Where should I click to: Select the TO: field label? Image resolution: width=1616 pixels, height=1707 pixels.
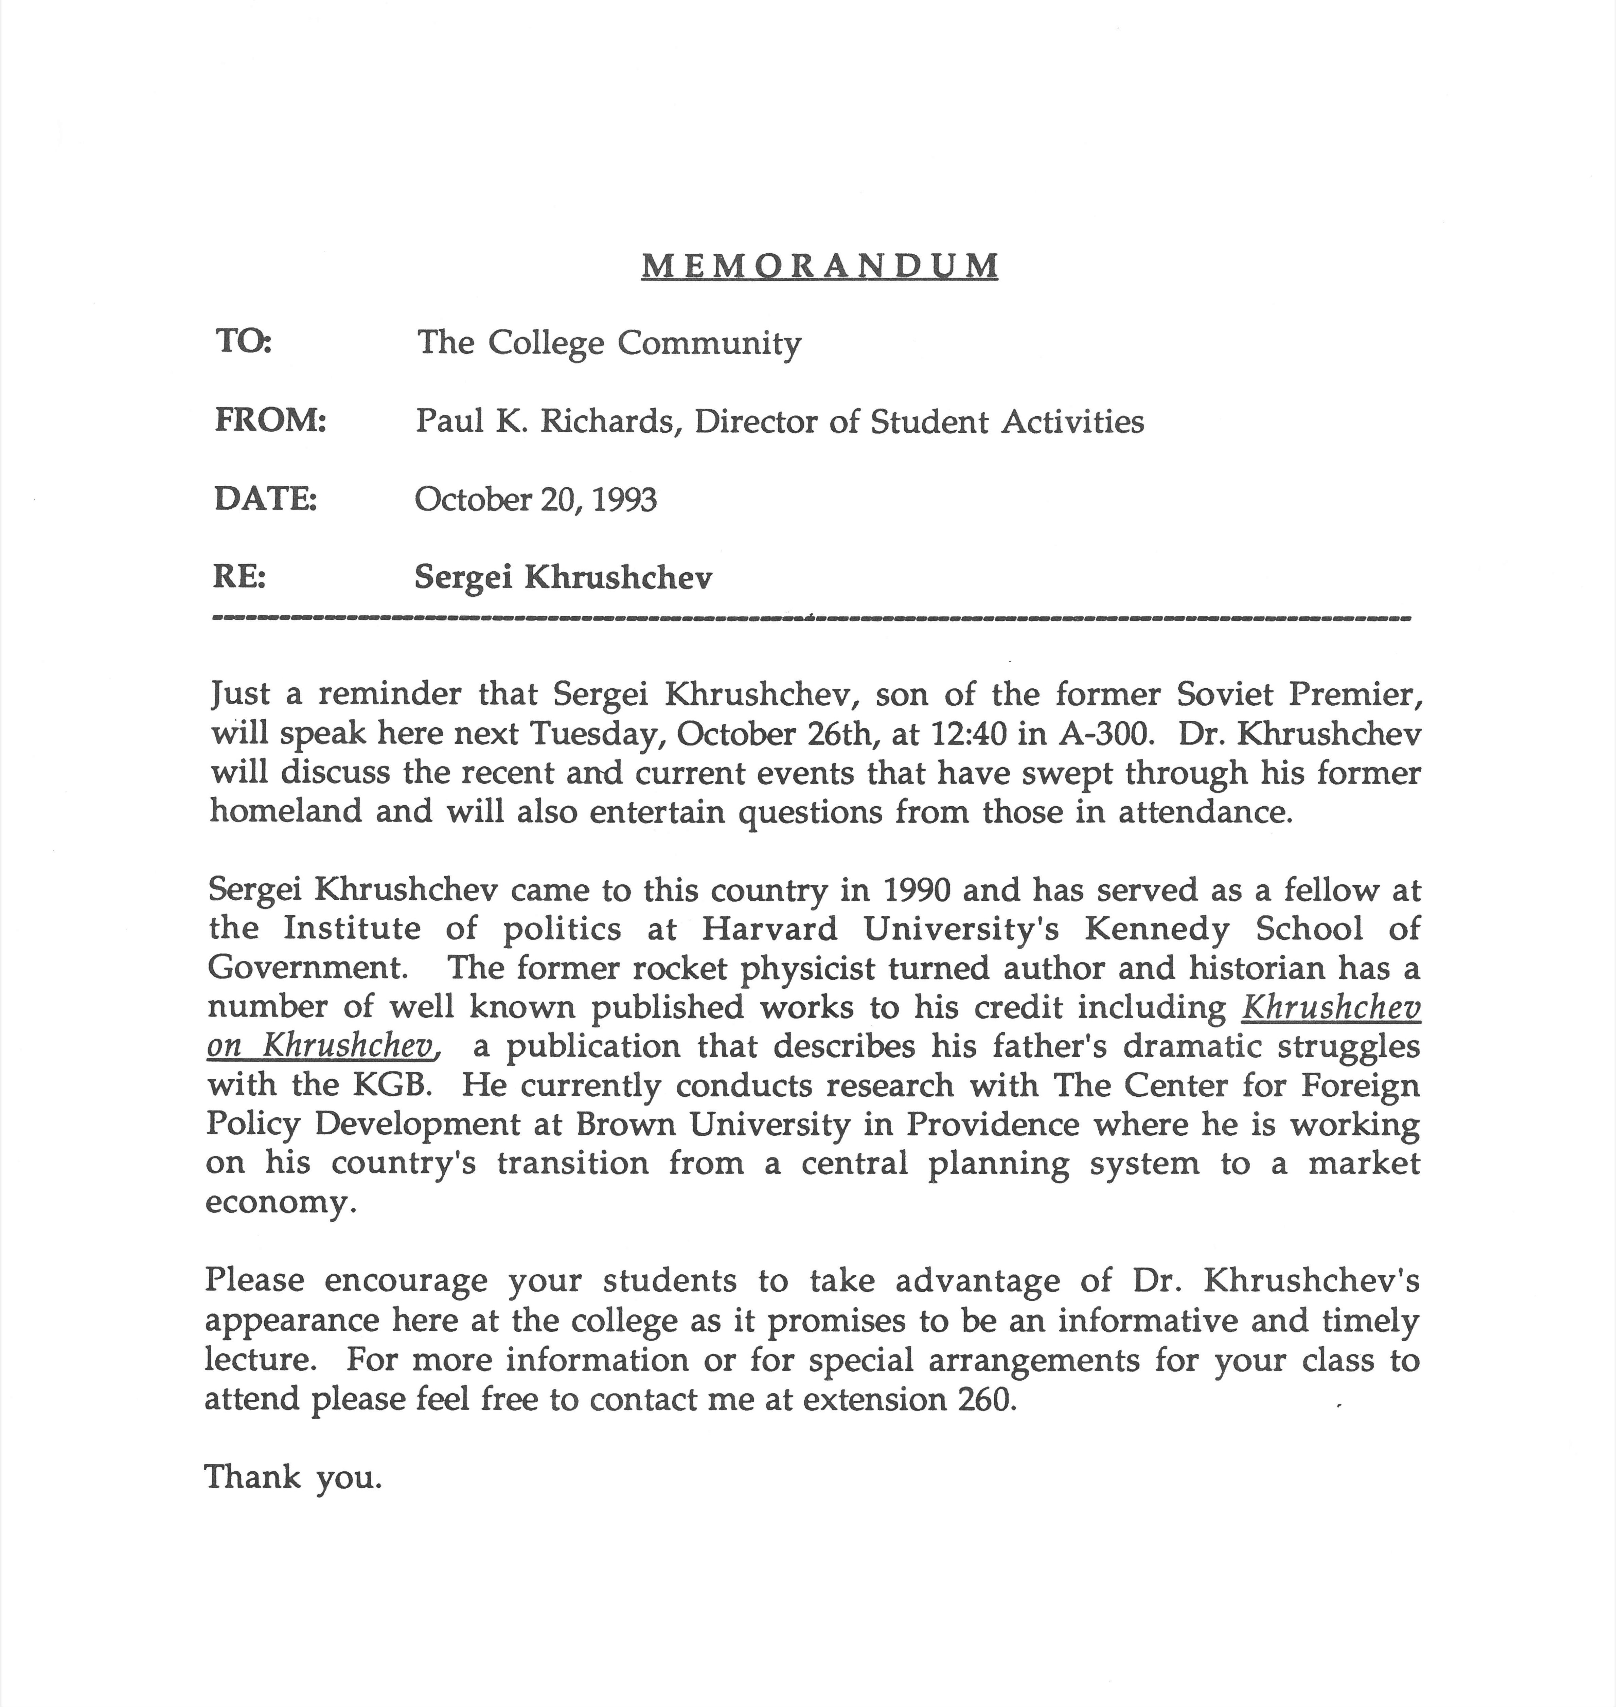(243, 342)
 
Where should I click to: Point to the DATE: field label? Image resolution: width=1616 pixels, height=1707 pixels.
(265, 499)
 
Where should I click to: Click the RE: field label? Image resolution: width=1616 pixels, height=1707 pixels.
(239, 576)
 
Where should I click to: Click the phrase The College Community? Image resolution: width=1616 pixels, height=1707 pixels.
(609, 343)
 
